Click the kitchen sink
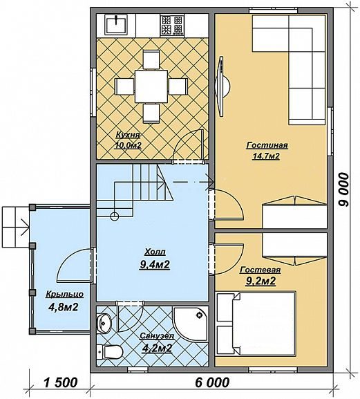click(x=116, y=24)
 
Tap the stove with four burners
click(x=172, y=25)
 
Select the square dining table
click(x=151, y=86)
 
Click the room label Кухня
click(x=128, y=135)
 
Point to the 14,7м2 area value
click(x=265, y=156)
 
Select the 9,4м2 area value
click(x=155, y=265)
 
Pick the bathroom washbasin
click(x=104, y=323)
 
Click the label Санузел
click(x=157, y=336)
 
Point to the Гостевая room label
click(x=260, y=270)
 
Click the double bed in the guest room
click(x=256, y=324)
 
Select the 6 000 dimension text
click(x=212, y=382)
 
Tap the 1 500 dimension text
click(x=60, y=382)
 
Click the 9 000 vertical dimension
click(x=343, y=189)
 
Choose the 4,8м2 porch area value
click(x=63, y=307)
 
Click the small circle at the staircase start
click(x=115, y=216)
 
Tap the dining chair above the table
click(x=151, y=59)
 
